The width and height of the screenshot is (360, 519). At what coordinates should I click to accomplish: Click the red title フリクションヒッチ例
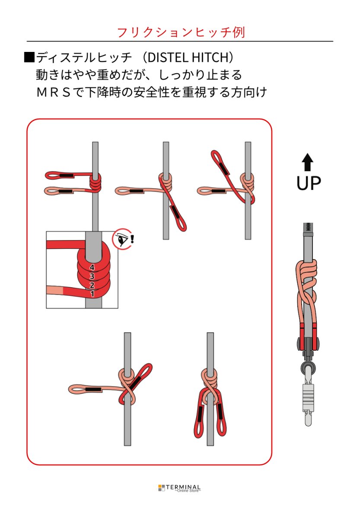coord(181,32)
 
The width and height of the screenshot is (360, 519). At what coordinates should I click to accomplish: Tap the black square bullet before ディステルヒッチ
coord(29,58)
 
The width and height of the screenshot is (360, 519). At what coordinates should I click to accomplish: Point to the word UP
coord(308,183)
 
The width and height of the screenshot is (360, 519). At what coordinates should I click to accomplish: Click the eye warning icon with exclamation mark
coord(124,239)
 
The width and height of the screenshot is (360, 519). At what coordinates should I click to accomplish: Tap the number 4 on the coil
coord(92,268)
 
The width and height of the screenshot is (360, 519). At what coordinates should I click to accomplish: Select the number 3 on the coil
coord(92,276)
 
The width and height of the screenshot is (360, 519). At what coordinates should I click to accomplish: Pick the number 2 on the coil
coord(92,285)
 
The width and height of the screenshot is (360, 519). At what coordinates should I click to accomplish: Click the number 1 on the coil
coord(92,294)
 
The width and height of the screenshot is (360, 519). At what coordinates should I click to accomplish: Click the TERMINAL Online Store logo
coord(179,488)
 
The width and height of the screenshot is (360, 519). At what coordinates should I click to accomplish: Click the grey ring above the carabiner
coord(308,370)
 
